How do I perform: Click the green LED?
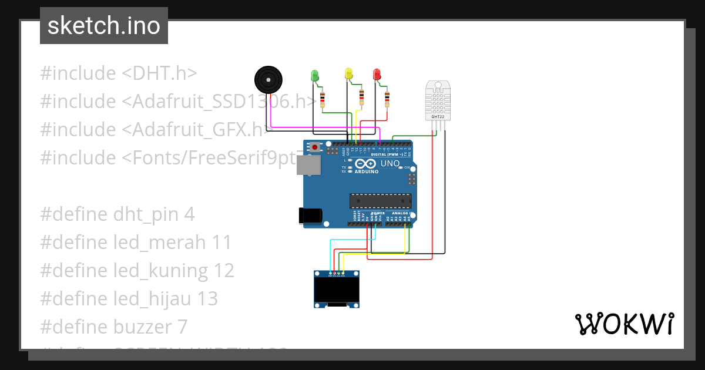tap(314, 75)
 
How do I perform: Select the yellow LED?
tap(348, 73)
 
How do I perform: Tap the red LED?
tap(377, 74)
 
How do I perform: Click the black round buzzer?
tap(268, 80)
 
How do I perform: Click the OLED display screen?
tap(337, 289)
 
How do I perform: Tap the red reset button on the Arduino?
tap(315, 147)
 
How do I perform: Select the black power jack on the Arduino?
tap(310, 216)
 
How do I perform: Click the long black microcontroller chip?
tap(380, 201)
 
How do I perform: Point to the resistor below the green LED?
tap(322, 99)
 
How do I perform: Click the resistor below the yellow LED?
tap(361, 96)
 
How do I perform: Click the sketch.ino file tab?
tap(104, 26)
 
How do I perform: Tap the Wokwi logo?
tap(624, 324)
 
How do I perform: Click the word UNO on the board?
tap(390, 163)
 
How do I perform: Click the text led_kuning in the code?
tap(162, 271)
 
